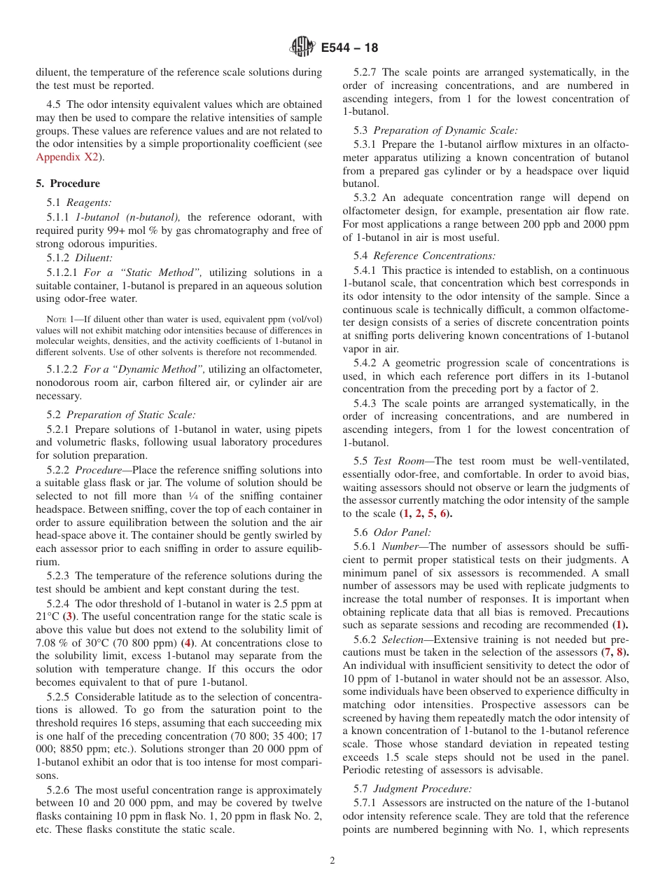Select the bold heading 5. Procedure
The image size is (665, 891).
click(68, 184)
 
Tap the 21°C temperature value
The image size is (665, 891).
click(49, 616)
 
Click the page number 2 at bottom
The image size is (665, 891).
click(332, 861)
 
